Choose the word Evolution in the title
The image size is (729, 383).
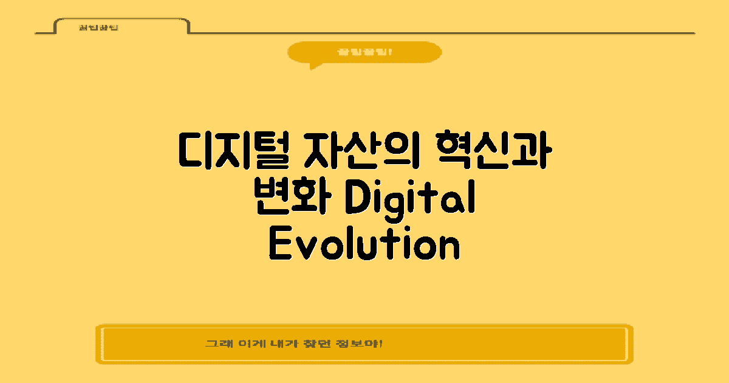pos(363,245)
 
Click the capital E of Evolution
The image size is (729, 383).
pos(279,245)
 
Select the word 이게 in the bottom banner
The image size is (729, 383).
pos(245,343)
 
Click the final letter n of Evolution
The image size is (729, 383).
pos(448,247)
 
